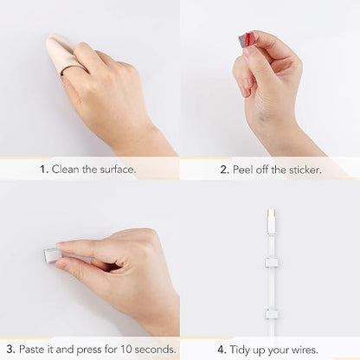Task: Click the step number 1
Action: (44, 170)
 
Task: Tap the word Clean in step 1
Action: (66, 169)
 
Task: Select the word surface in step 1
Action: (118, 169)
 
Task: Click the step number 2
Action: (224, 170)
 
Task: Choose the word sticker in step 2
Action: (305, 170)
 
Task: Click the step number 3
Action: (11, 350)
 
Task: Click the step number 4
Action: (222, 350)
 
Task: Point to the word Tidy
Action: (240, 350)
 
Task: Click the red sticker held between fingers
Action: (246, 41)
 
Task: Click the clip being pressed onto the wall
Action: (51, 254)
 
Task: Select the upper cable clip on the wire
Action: (272, 262)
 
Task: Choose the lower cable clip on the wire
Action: (272, 314)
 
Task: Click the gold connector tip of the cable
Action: (272, 214)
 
